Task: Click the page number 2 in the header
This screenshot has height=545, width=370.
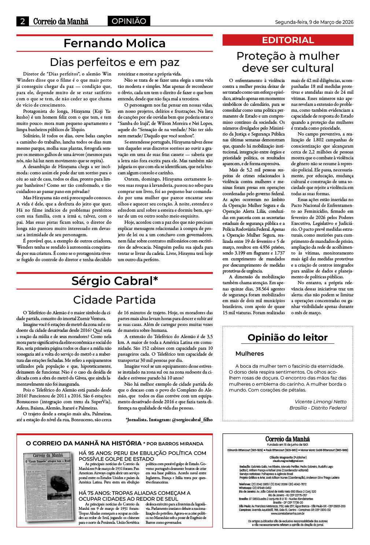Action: (22, 21)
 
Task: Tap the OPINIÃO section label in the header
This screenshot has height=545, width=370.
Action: (129, 21)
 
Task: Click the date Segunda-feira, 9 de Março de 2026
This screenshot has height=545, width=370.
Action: (314, 22)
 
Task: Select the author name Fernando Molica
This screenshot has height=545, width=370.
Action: (114, 43)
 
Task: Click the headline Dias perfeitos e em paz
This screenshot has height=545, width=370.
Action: (114, 62)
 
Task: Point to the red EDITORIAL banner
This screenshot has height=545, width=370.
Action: (288, 40)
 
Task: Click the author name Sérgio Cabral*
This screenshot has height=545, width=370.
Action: (114, 281)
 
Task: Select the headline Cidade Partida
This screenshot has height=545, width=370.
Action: (114, 300)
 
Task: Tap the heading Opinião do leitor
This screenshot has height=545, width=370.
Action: (288, 337)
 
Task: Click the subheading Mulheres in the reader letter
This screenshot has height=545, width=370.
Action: (249, 353)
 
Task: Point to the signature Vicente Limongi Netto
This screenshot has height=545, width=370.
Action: (321, 401)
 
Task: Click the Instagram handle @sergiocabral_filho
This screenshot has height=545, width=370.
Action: (192, 420)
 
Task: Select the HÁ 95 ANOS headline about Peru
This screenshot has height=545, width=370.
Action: (143, 456)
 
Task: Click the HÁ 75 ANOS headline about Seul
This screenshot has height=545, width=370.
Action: (134, 496)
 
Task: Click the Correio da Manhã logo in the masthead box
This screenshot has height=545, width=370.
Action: (288, 439)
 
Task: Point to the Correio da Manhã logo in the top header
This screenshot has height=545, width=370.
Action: (60, 21)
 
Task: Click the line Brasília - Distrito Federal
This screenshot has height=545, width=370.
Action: (318, 408)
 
